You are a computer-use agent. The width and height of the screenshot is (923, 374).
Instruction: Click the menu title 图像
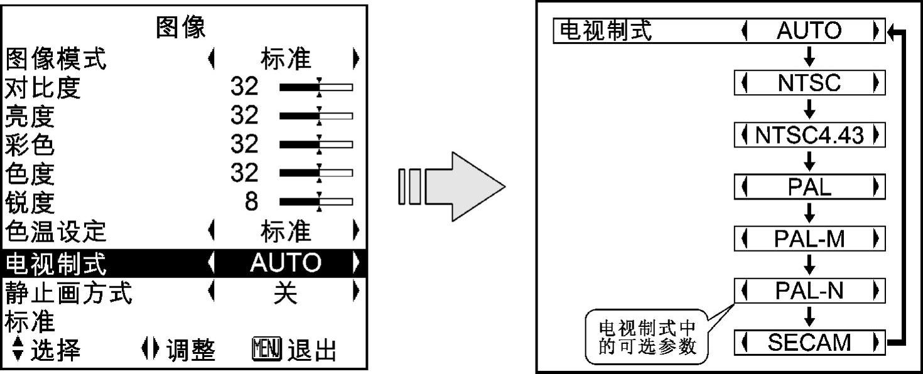[x=181, y=28]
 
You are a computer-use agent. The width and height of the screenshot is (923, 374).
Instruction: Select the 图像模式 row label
[x=56, y=60]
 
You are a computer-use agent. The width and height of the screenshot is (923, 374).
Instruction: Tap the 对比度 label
[x=43, y=88]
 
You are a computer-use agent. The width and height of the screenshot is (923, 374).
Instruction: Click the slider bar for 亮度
[x=316, y=116]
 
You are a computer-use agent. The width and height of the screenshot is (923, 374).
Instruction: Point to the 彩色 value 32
[x=244, y=144]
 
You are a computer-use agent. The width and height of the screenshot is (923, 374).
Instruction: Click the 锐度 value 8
[x=251, y=201]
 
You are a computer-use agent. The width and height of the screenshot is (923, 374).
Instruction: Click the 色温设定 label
[x=56, y=232]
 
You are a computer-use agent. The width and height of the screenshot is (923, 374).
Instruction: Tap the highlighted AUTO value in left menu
[x=285, y=262]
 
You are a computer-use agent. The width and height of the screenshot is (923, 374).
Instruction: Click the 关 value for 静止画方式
[x=285, y=292]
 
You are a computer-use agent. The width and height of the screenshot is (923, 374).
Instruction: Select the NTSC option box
[x=809, y=83]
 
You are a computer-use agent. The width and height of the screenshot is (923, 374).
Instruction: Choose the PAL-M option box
[x=809, y=239]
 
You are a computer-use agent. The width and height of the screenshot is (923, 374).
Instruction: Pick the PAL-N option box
[x=809, y=291]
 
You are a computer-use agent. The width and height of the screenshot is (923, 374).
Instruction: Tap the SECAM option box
[x=809, y=343]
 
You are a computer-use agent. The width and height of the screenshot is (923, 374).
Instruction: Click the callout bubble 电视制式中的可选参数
[x=647, y=338]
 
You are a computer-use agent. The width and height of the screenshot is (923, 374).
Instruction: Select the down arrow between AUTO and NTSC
[x=809, y=57]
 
